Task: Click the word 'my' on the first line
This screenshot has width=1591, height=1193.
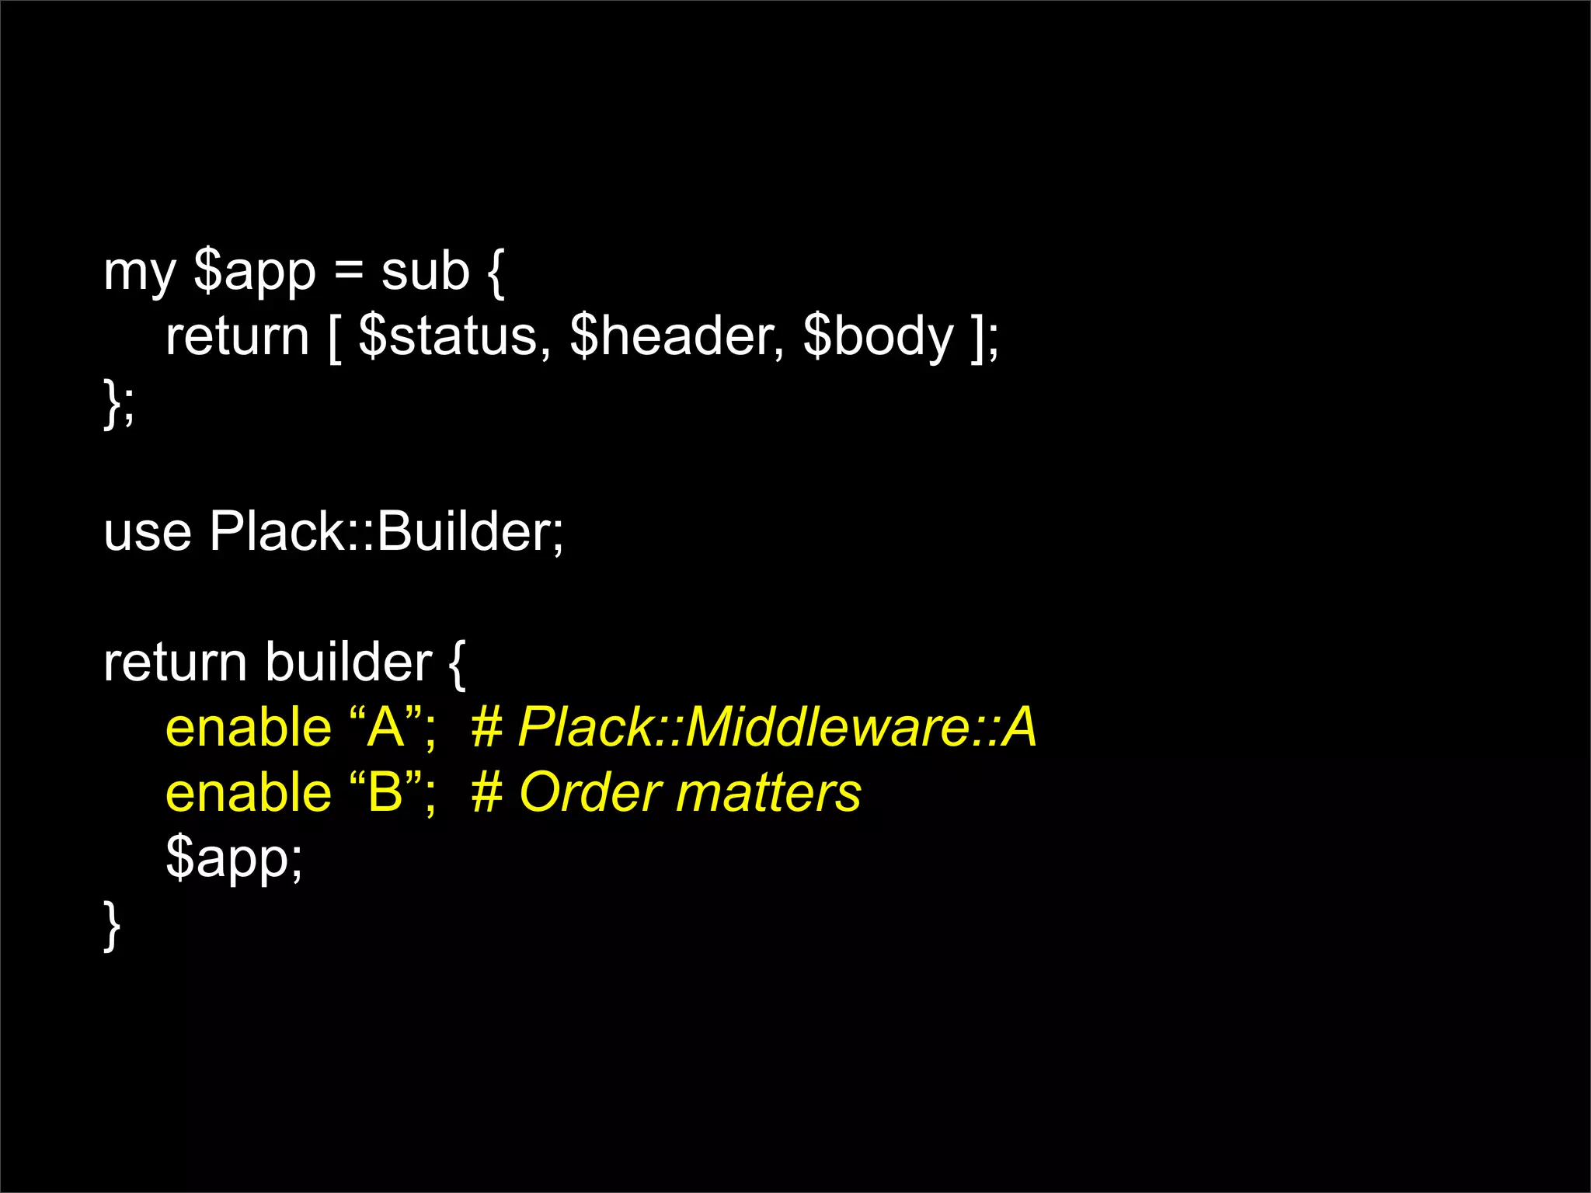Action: point(139,274)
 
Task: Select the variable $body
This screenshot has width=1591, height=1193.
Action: point(878,339)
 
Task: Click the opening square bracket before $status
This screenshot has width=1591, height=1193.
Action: point(334,339)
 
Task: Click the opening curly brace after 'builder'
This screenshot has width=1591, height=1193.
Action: point(457,664)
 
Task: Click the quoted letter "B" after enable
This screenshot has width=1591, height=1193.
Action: point(385,793)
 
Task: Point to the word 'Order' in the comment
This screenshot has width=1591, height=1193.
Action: point(587,793)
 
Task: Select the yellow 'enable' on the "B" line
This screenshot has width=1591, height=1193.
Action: point(249,793)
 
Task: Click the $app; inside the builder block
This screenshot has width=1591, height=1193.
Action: point(234,859)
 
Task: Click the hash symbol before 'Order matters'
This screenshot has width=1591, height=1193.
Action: point(487,793)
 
